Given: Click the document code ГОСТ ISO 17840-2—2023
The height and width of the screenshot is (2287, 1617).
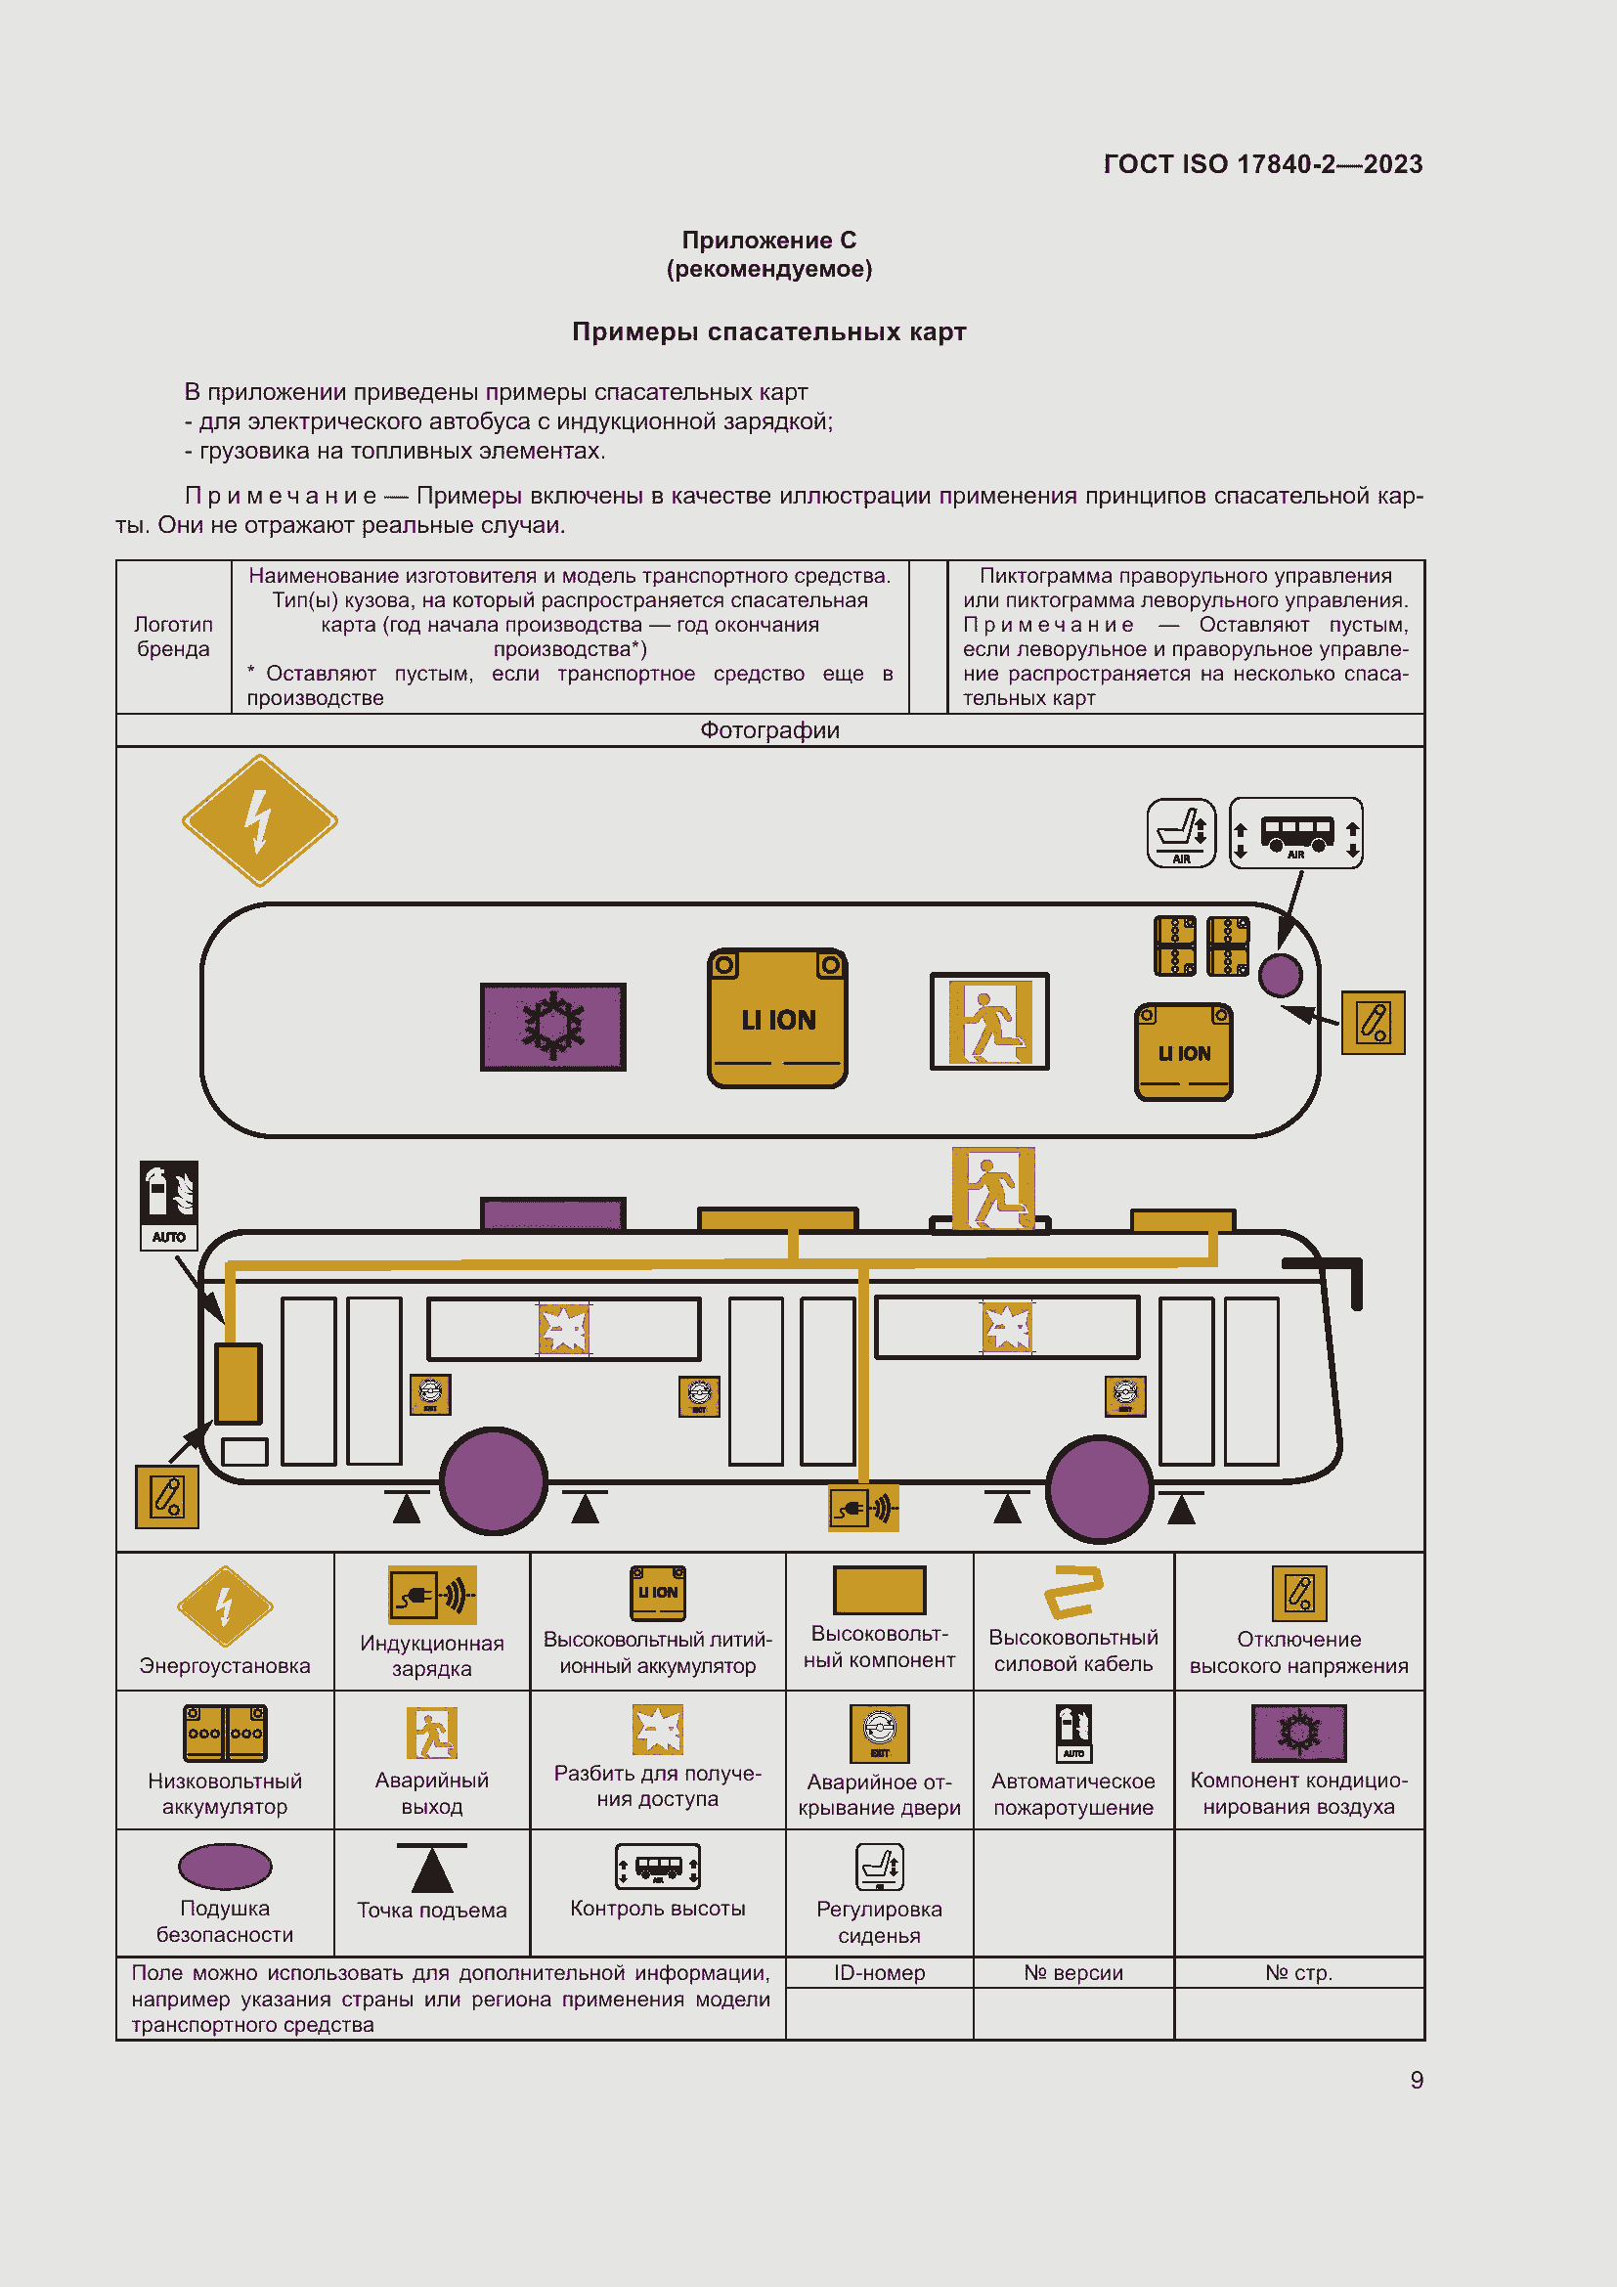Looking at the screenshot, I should pos(1261,164).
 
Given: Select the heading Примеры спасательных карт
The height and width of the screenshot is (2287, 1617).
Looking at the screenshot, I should pos(767,331).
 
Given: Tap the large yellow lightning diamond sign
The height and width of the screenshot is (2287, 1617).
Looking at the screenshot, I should pos(260,819).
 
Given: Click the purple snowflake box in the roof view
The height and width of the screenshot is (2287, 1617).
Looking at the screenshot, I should pos(552,1026).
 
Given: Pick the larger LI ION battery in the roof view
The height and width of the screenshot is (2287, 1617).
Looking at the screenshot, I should pos(776,1018).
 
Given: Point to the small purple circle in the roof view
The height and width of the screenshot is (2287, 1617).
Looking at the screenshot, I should pos(1280,974).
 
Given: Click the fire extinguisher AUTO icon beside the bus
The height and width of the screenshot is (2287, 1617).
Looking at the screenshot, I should pos(168,1204).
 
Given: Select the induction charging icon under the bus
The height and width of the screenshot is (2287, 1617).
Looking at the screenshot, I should pos(863,1508).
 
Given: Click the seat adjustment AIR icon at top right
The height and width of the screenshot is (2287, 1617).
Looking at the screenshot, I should pos(1181,832).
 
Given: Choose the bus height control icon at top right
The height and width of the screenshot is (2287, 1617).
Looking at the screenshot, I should pos(1295,833).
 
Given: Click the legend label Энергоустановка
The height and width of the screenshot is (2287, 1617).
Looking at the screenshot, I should pos(224,1665).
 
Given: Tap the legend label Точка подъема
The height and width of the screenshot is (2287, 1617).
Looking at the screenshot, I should pos(431,1910).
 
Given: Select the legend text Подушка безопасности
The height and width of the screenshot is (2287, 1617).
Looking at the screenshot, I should pos(224,1920).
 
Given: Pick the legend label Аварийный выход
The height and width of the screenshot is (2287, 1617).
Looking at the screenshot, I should pos(431,1793).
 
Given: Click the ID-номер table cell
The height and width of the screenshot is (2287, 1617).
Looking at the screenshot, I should pos(878,1972).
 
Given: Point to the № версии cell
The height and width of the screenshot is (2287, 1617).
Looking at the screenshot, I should pos(1072,1972).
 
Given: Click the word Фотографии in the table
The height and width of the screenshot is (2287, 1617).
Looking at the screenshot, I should pos(768,730).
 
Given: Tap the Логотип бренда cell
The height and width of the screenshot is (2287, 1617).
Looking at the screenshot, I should pos(173,637).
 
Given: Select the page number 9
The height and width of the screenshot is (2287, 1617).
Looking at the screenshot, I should pos(1416,2080).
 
